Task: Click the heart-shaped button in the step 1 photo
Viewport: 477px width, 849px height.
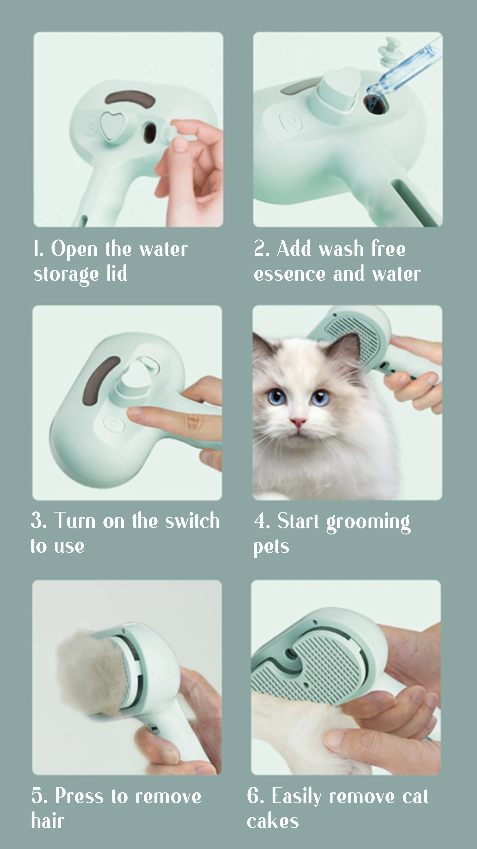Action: click(x=112, y=126)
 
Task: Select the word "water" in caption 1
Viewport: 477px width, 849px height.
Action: click(x=163, y=249)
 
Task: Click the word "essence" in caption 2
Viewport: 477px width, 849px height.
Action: click(x=289, y=274)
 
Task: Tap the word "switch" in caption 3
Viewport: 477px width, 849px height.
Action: click(x=192, y=521)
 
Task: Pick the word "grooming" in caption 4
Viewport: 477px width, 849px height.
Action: click(x=368, y=522)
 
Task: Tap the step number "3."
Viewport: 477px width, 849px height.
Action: click(x=39, y=521)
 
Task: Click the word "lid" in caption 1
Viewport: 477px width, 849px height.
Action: click(x=117, y=273)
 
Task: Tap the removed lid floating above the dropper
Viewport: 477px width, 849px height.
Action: click(x=389, y=52)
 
